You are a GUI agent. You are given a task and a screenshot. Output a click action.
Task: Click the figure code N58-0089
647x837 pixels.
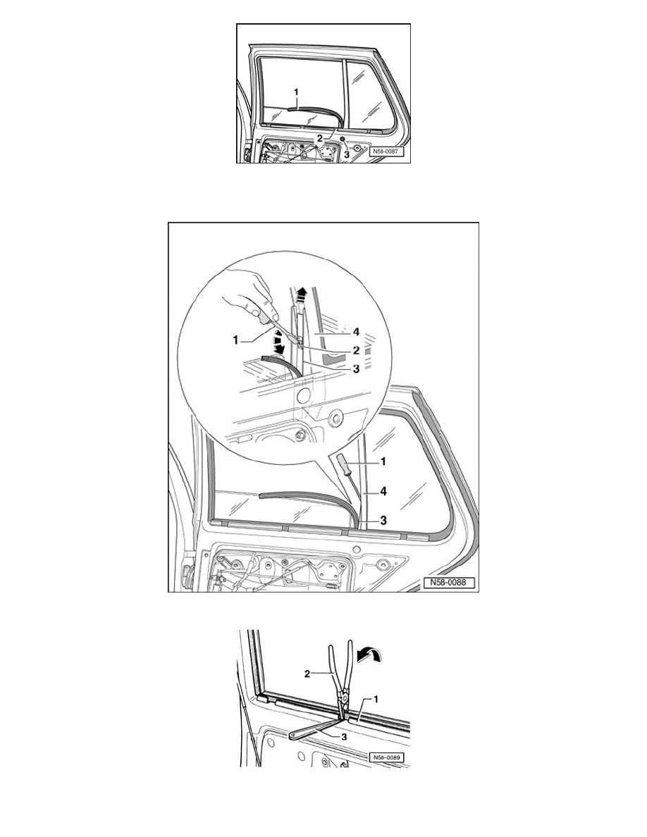click(386, 757)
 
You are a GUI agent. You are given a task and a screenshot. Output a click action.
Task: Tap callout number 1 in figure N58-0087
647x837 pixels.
click(296, 92)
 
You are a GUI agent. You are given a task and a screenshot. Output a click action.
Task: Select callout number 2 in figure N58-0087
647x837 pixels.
click(320, 137)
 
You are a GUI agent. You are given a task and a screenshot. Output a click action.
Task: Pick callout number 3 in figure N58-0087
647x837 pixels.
click(347, 154)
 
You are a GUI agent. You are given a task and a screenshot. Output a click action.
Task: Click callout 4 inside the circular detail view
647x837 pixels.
click(355, 332)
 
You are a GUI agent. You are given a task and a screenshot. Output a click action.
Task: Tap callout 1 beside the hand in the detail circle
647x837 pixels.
click(235, 340)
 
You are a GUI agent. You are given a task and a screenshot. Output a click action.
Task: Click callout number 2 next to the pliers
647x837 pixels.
click(307, 674)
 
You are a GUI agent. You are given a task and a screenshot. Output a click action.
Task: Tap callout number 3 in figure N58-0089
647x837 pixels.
click(344, 736)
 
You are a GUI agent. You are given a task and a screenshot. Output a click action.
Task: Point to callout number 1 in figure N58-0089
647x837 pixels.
click(376, 699)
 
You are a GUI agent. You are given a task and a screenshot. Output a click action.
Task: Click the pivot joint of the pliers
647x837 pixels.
click(345, 695)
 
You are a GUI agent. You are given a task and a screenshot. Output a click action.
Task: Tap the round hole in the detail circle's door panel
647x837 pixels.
click(303, 395)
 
